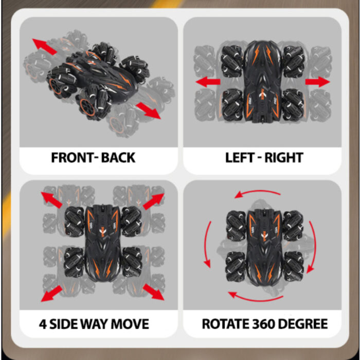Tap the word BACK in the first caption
click(x=118, y=157)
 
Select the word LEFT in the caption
click(x=240, y=157)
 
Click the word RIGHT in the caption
click(x=284, y=157)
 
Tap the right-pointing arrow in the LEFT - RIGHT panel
click(x=317, y=82)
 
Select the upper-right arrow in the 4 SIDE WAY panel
click(x=152, y=202)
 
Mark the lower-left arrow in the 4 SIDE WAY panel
click(x=52, y=293)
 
